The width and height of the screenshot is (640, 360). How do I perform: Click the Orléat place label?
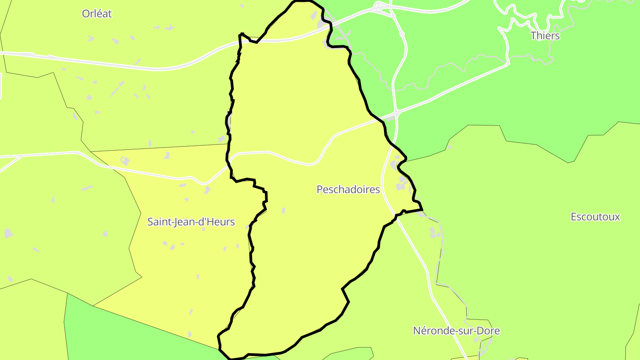coord(97,14)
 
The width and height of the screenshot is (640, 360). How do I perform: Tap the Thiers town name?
coord(545,36)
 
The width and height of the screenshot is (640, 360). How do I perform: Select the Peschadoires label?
coord(348,190)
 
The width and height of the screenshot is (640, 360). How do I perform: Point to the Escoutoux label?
coord(595,217)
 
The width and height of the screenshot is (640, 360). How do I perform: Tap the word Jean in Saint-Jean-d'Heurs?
coord(183,222)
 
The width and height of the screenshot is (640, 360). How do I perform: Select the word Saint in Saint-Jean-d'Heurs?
coord(158,222)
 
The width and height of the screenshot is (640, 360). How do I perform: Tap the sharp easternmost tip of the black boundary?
coord(422,209)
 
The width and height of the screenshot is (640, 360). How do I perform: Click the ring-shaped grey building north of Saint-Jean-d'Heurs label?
coord(125,160)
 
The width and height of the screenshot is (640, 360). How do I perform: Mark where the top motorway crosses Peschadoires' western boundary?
coord(240,43)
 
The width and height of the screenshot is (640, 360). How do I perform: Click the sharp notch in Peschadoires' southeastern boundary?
coord(342,289)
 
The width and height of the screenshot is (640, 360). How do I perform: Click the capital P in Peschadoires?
coord(320,190)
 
